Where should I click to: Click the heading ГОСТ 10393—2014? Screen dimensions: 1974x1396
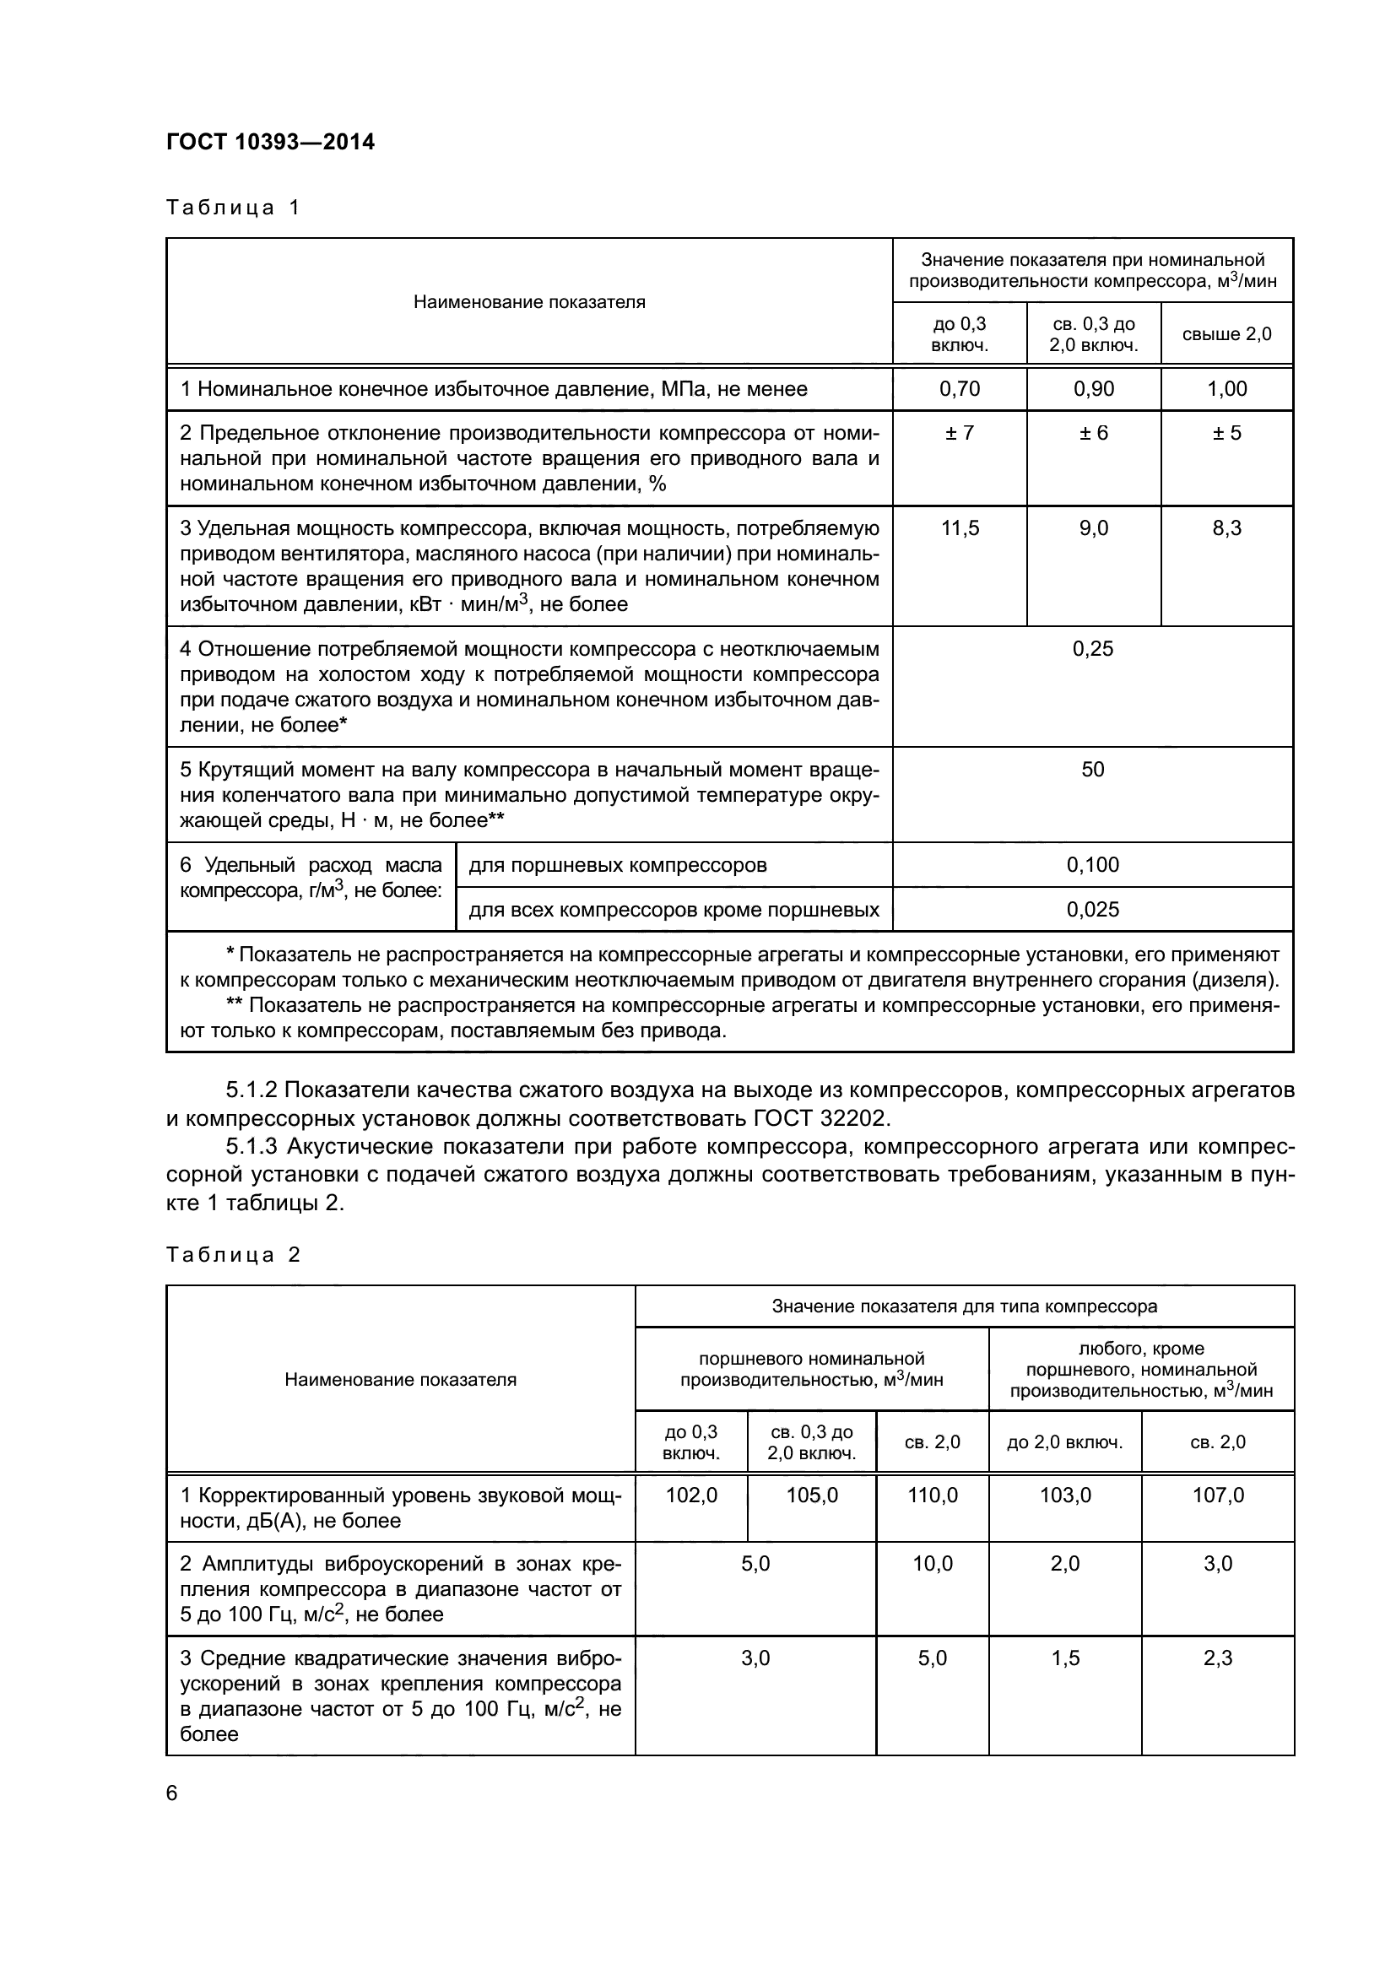click(x=271, y=142)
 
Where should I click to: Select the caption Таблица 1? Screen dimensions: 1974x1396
click(x=233, y=208)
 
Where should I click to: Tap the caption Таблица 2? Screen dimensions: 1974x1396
click(x=233, y=1254)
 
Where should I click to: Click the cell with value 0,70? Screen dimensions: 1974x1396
click(x=960, y=388)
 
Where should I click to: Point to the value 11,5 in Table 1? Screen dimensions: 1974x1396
click(x=960, y=527)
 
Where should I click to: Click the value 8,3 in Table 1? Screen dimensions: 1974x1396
click(x=1226, y=527)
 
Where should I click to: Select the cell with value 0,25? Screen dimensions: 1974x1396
click(x=1092, y=648)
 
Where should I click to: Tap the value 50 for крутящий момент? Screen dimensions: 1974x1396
click(x=1092, y=769)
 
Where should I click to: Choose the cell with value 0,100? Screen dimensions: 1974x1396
click(x=1092, y=864)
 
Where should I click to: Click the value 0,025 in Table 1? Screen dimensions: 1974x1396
click(x=1092, y=909)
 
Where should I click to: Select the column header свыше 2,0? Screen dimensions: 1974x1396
click(x=1226, y=334)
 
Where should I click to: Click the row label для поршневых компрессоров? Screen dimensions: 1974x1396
click(x=617, y=864)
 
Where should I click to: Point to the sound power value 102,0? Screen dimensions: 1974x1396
click(x=691, y=1495)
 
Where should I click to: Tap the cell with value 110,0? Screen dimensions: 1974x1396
click(x=933, y=1495)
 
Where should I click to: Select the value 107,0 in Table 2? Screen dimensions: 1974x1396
click(x=1218, y=1495)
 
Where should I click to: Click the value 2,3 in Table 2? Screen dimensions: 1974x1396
click(x=1218, y=1658)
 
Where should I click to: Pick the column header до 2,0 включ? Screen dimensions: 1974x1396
click(x=1065, y=1441)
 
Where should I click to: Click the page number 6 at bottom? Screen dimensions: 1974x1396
click(x=172, y=1793)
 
